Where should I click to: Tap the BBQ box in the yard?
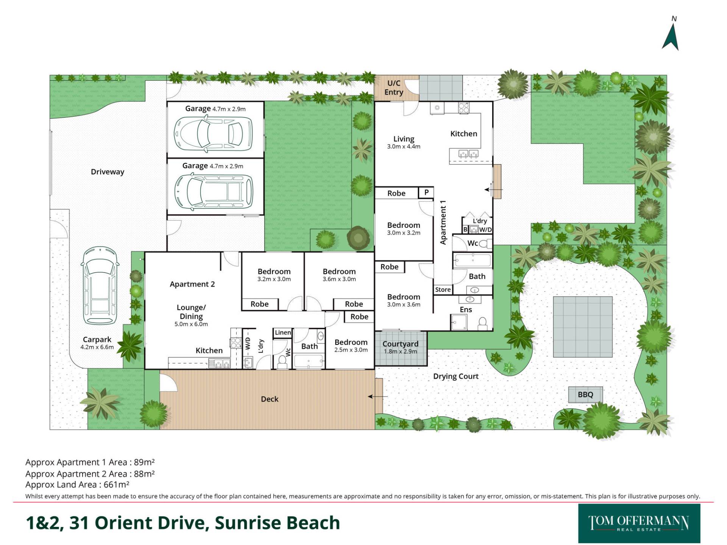585,395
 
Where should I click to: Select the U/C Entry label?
394,87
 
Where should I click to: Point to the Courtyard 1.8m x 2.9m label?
400,347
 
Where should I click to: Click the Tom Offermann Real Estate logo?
639,523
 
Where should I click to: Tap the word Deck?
270,399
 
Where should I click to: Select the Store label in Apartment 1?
443,290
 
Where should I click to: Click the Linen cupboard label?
283,333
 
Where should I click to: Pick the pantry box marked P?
426,192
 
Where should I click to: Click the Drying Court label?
456,377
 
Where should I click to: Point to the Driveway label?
108,172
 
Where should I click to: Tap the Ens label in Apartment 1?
466,310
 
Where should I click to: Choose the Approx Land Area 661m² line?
77,484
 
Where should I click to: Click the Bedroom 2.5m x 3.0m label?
351,346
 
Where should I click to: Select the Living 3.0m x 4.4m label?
404,142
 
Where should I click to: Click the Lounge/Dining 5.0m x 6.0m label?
191,315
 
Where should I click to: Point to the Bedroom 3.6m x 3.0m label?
339,275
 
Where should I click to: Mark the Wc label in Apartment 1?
473,243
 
